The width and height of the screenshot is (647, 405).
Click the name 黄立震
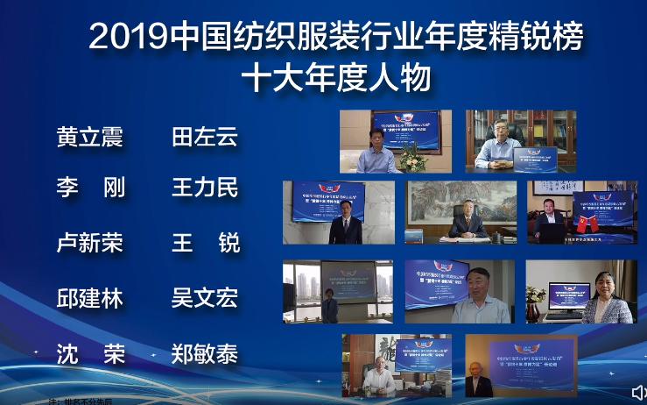coord(89,138)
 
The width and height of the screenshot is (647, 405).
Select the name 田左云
coord(204,138)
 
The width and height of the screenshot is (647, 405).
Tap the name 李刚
coord(89,188)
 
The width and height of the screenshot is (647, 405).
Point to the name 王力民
coord(204,188)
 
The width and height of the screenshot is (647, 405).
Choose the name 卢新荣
coord(89,243)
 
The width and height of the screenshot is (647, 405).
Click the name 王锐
coord(204,243)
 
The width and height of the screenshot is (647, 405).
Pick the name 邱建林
coord(89,298)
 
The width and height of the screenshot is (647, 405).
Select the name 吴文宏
coord(204,298)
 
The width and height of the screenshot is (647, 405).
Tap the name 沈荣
coord(89,354)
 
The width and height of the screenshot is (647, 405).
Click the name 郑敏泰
coord(204,354)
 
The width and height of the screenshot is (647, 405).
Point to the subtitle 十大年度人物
coord(336,78)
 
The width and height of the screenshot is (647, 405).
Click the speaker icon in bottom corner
coord(638,391)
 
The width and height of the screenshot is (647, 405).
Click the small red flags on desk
coord(587,223)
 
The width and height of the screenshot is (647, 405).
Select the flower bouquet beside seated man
coord(411,155)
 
